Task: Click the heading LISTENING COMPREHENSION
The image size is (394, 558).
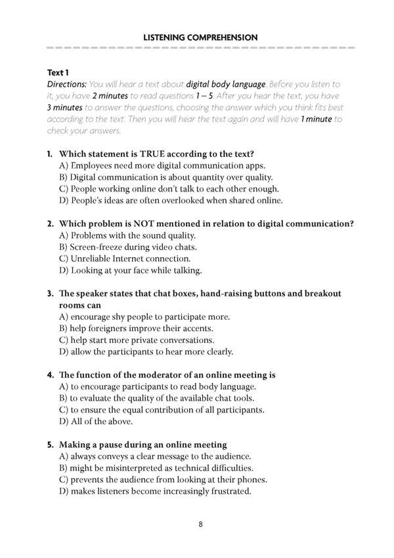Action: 200,38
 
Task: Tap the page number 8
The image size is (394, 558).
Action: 200,525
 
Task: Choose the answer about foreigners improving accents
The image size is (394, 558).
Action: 155,329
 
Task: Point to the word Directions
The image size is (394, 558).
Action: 67,85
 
